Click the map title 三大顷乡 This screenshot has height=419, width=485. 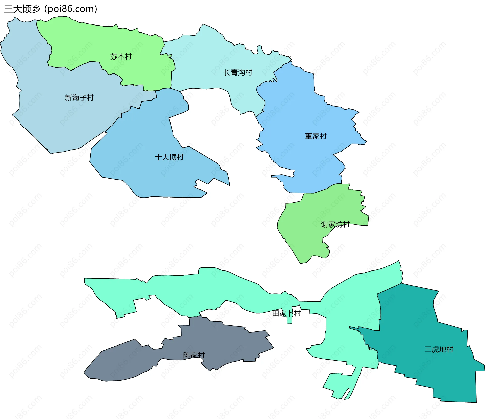coord(22,9)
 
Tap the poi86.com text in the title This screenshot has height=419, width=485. coord(70,9)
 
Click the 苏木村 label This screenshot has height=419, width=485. coord(121,56)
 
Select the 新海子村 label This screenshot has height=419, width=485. coord(79,97)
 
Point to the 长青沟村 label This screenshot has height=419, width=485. coord(238,72)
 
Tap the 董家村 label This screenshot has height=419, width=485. coord(316,136)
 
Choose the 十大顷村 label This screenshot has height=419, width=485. coord(169,157)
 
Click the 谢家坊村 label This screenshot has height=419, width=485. coord(335,224)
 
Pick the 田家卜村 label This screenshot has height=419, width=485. coord(286,313)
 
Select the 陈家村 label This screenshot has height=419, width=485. coord(194,355)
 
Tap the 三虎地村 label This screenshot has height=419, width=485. coord(439,349)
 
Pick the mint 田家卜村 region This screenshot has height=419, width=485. coord(215,288)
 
